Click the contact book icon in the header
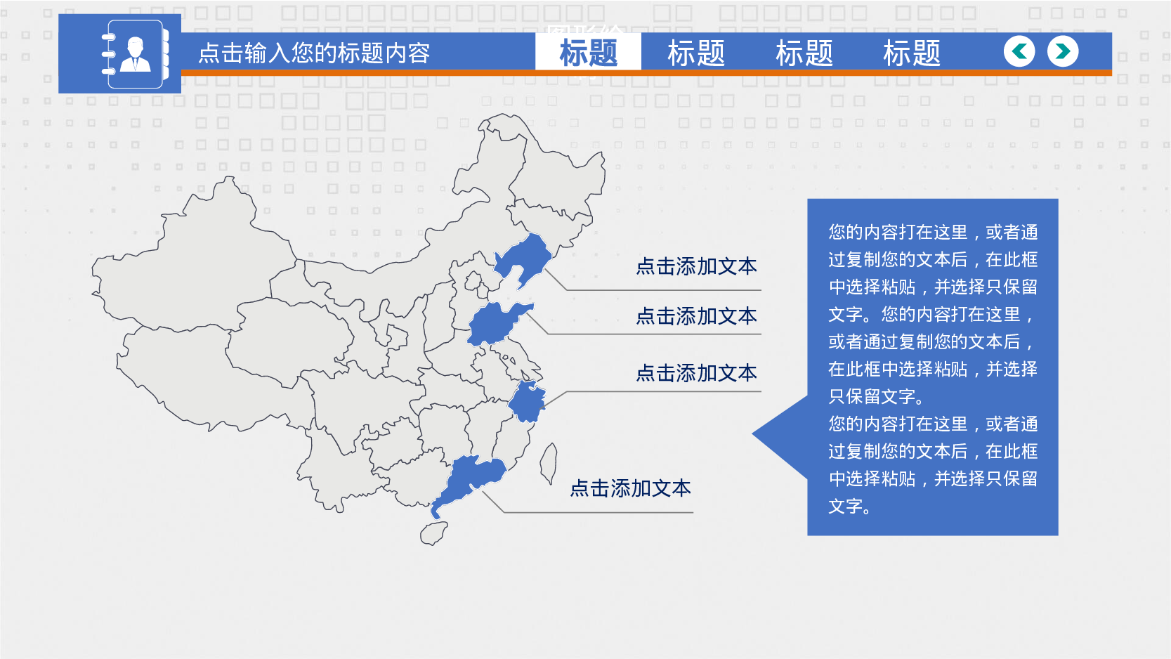click(136, 54)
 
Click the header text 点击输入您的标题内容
click(314, 53)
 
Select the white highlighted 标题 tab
click(588, 52)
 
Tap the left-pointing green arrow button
click(1019, 51)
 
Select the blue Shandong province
click(494, 325)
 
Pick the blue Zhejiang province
click(527, 402)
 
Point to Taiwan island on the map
click(549, 464)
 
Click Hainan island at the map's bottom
click(433, 533)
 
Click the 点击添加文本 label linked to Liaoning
click(696, 267)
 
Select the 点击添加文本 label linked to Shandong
click(696, 316)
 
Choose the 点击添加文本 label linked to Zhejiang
click(696, 374)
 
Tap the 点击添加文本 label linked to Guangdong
click(631, 488)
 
